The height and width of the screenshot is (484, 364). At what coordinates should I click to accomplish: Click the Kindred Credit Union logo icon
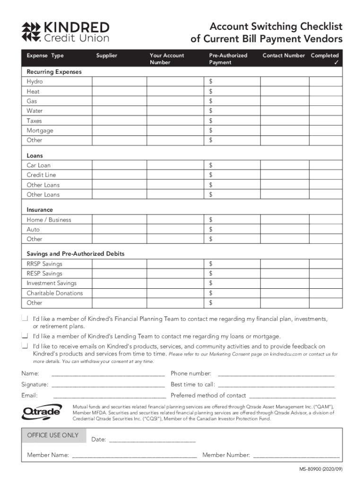(x=31, y=31)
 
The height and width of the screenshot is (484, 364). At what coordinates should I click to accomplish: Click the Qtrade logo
(x=42, y=412)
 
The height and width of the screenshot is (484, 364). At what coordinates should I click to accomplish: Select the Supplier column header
(x=106, y=56)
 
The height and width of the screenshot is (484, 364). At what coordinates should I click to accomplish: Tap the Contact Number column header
(x=284, y=56)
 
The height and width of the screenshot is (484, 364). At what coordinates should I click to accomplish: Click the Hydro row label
(x=35, y=82)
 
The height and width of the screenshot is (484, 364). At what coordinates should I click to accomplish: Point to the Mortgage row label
(x=40, y=130)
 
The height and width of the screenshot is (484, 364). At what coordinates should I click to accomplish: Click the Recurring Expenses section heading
(x=54, y=72)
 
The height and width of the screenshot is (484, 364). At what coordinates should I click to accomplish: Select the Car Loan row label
(x=38, y=165)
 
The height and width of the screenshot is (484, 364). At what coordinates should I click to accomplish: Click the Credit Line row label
(x=41, y=175)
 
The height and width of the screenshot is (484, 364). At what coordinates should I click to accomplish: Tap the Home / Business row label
(x=49, y=220)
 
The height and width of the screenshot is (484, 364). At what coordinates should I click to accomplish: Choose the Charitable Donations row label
(x=54, y=293)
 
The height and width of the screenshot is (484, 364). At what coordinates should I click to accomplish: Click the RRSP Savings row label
(x=44, y=264)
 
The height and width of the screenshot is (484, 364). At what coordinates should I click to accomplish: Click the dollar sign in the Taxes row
(x=211, y=121)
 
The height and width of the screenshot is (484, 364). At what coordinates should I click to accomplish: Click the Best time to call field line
(x=276, y=385)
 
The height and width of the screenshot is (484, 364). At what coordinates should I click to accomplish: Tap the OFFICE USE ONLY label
(x=53, y=435)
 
